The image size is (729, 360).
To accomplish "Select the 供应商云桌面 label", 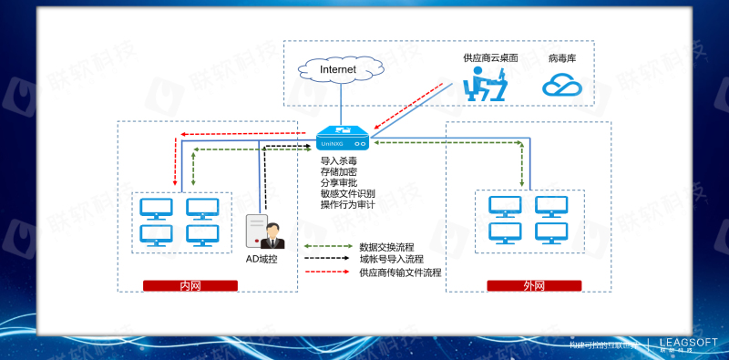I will (489, 57).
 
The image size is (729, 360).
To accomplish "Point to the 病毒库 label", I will (562, 57).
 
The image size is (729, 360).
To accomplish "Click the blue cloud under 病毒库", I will (562, 86).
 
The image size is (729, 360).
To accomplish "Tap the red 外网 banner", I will (534, 285).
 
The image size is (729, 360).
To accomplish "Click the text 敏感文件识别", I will (347, 193).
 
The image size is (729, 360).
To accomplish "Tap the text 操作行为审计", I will (347, 204).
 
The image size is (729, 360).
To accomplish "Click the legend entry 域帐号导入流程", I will (391, 259).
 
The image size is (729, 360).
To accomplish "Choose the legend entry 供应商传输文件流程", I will (400, 272).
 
